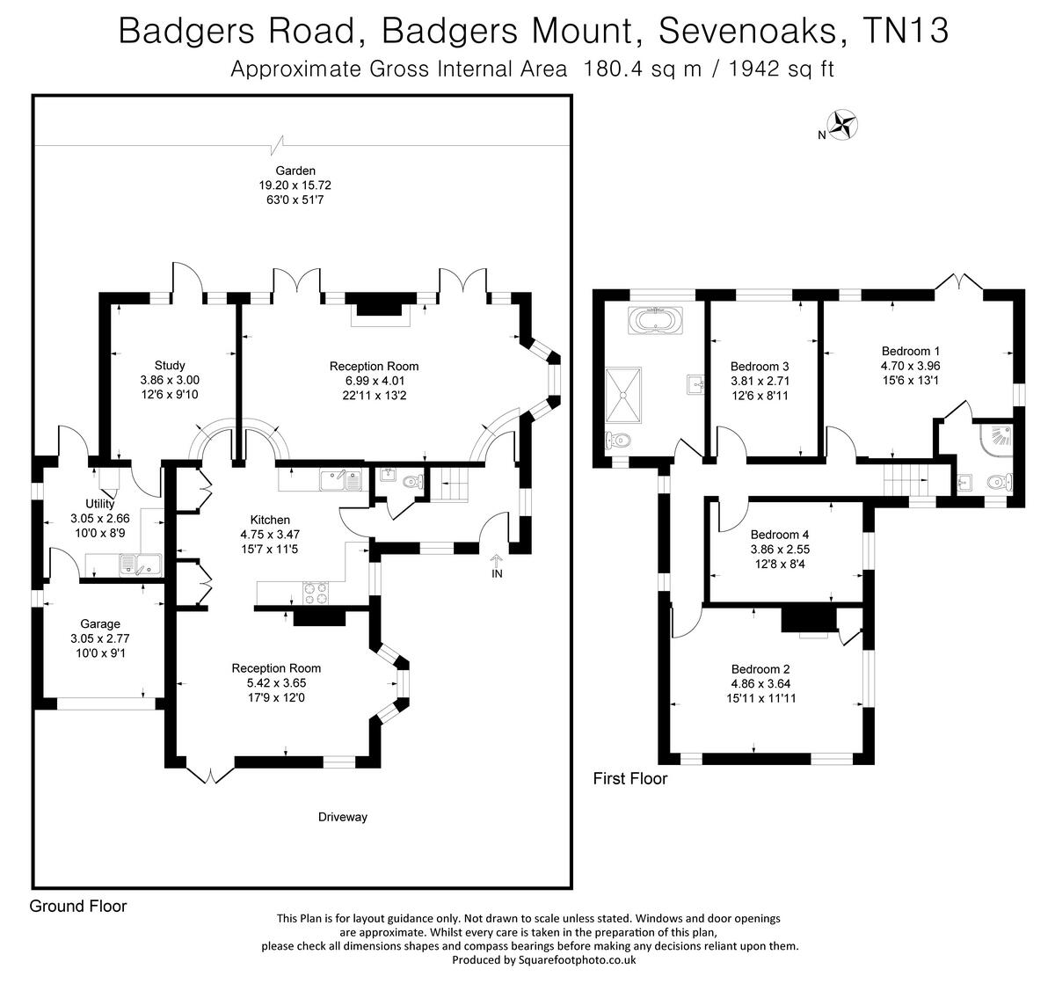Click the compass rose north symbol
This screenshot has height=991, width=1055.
point(844,124)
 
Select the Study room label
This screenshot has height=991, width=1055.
point(170,366)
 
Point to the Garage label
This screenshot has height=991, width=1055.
point(100,624)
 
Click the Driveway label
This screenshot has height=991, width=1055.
point(343,817)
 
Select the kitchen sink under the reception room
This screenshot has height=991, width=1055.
point(341,480)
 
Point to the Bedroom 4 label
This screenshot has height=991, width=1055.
point(779,535)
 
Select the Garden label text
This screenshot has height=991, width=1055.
point(295,171)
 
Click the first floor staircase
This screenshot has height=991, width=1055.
point(906,480)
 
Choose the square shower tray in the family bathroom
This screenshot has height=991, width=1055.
point(623,392)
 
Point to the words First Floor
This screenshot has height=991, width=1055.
point(629,778)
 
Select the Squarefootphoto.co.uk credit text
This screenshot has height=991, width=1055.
point(542,960)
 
